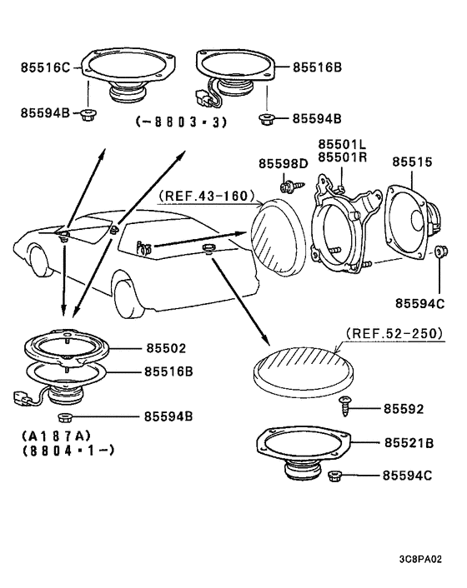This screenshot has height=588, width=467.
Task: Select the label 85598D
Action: pos(283,162)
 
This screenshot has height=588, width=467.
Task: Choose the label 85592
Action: pos(404,409)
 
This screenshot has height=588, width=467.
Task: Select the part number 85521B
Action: pos(408,444)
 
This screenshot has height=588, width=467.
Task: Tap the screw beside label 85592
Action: pos(344,406)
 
